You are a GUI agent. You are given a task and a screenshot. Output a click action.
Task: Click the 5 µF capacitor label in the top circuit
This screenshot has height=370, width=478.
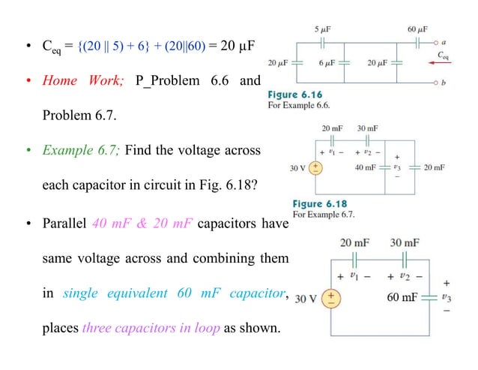click(x=324, y=29)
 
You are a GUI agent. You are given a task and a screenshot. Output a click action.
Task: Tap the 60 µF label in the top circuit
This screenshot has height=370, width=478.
click(x=417, y=29)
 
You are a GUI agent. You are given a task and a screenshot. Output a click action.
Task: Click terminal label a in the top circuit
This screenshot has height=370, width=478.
click(x=445, y=44)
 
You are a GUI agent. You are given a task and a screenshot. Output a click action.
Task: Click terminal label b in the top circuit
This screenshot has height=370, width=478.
click(x=445, y=83)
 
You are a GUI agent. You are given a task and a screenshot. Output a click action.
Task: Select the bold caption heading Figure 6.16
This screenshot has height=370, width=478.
click(x=294, y=95)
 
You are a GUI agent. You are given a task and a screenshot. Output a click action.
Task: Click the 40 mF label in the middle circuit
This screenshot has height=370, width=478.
click(x=366, y=167)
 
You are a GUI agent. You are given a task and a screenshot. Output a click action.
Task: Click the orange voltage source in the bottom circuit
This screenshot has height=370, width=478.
click(x=330, y=298)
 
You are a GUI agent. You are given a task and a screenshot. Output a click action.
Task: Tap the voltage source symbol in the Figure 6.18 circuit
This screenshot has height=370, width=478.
click(x=318, y=167)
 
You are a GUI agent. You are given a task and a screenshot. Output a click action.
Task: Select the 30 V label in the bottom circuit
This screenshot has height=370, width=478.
click(x=306, y=299)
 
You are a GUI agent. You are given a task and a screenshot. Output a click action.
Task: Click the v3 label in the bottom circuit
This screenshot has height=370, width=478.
click(x=447, y=298)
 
